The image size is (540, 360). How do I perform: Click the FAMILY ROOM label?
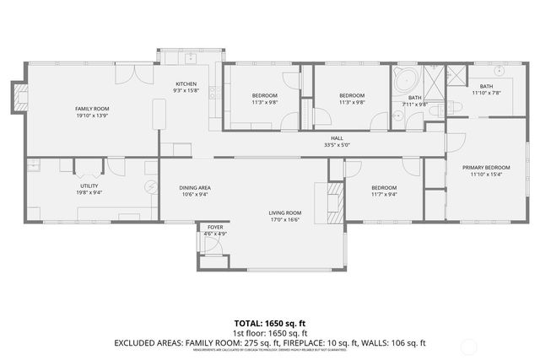[x=90, y=109]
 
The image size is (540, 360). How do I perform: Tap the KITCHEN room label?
[x=186, y=83]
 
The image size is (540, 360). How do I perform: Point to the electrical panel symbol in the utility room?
[x=151, y=187]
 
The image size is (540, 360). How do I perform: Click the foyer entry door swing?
[x=213, y=244]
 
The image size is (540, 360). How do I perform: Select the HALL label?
[x=337, y=138]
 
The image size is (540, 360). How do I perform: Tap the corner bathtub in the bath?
[x=404, y=81]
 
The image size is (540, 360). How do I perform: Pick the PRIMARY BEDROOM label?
[x=486, y=168]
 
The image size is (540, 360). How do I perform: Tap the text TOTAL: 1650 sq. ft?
[x=270, y=323]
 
